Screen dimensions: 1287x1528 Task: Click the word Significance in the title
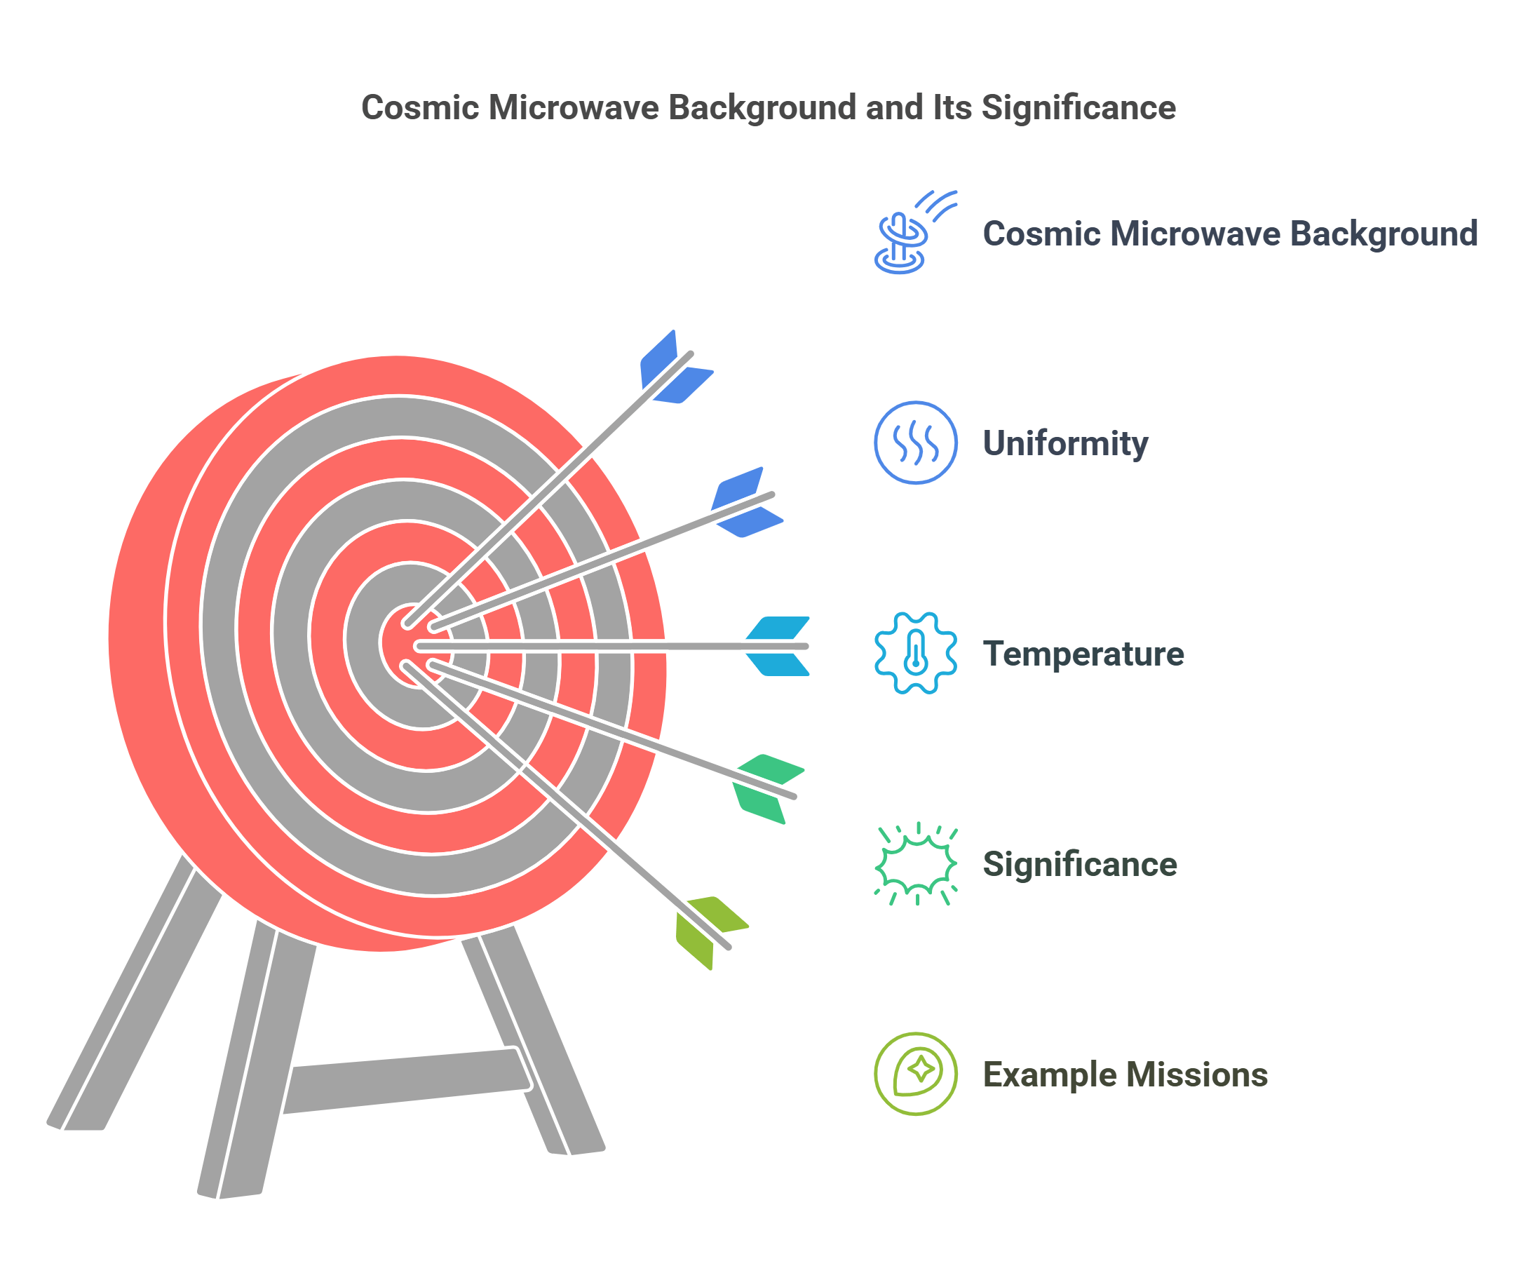(x=1078, y=107)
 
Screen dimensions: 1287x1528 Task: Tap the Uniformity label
(x=1065, y=443)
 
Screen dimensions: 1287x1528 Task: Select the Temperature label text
(x=1083, y=654)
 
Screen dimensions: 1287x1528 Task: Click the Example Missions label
(x=1125, y=1074)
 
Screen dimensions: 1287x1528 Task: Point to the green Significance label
(x=1079, y=865)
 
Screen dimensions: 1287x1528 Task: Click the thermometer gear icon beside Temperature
(x=915, y=653)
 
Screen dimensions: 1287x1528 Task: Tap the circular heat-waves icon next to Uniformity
(x=915, y=443)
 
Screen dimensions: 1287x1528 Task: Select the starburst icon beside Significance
(x=915, y=865)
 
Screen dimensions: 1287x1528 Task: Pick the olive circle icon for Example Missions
(x=915, y=1074)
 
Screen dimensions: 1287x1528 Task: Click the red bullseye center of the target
(x=398, y=642)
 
